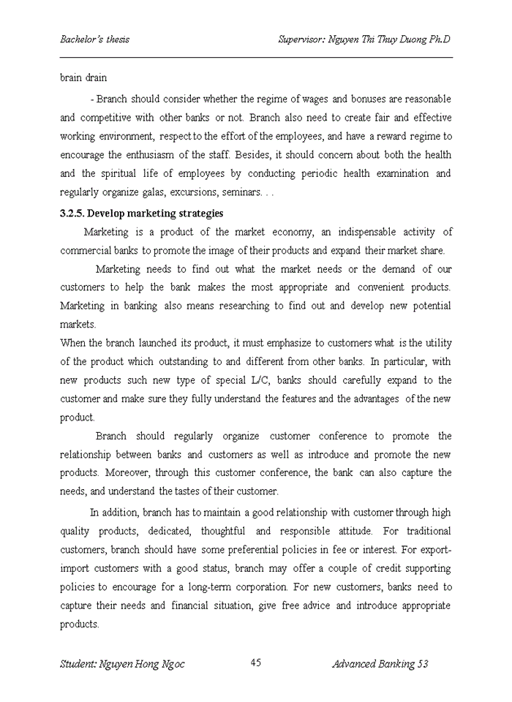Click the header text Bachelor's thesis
click(94, 39)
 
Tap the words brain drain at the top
click(83, 78)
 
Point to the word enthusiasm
click(155, 155)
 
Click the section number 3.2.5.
click(75, 214)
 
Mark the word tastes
click(192, 491)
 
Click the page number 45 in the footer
click(256, 663)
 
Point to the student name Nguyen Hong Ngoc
click(122, 664)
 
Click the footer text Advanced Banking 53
click(380, 664)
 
